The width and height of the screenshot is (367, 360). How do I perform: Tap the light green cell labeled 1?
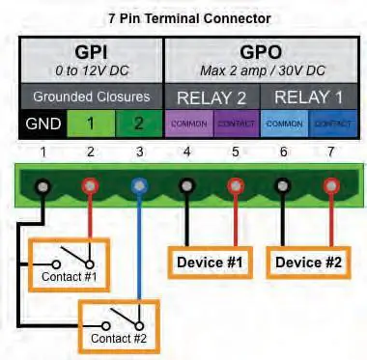[x=89, y=125]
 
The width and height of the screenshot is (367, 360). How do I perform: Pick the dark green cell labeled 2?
[x=137, y=125]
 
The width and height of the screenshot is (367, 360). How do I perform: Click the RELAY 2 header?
[x=212, y=97]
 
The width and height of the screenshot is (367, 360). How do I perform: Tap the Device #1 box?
[x=210, y=262]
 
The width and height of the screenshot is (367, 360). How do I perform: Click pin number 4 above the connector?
[x=186, y=152]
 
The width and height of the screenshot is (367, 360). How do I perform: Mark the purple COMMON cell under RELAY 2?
[x=187, y=125]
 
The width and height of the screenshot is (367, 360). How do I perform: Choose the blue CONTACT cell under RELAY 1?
[x=330, y=125]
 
